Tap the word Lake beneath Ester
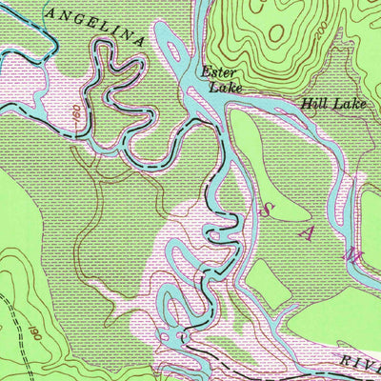tap(225, 88)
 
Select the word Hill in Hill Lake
tap(313, 103)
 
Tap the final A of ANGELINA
tap(140, 41)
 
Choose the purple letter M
tap(351, 254)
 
